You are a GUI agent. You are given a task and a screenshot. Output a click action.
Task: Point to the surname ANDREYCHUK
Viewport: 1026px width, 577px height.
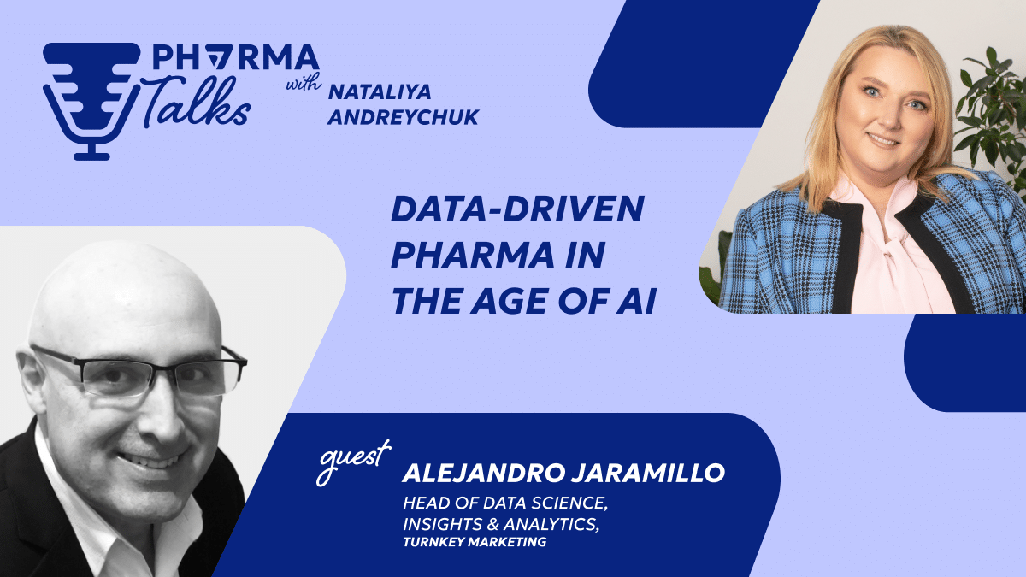(x=403, y=115)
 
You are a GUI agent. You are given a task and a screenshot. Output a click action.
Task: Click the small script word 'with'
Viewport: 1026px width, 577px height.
(x=300, y=86)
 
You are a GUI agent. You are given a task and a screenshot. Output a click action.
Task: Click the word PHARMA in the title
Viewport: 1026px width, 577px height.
(x=461, y=257)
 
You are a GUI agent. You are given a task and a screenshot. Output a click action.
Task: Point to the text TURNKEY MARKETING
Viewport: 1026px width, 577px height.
(x=475, y=541)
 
